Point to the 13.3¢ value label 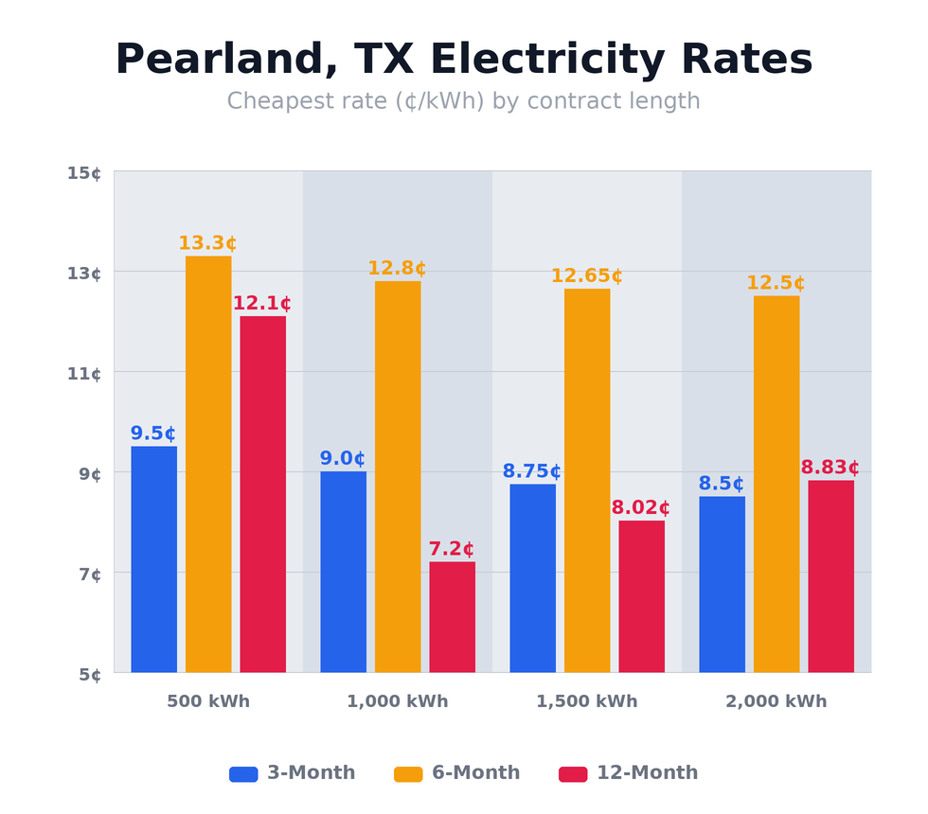[207, 243]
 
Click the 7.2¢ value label [451, 549]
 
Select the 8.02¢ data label [640, 508]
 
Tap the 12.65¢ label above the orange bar [586, 276]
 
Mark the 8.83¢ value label [830, 468]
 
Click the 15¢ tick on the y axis [83, 172]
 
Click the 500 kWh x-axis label [208, 701]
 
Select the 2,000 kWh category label [776, 701]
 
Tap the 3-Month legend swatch [243, 773]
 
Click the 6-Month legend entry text [475, 773]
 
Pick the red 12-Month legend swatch [573, 773]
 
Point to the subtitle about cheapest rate [463, 101]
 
